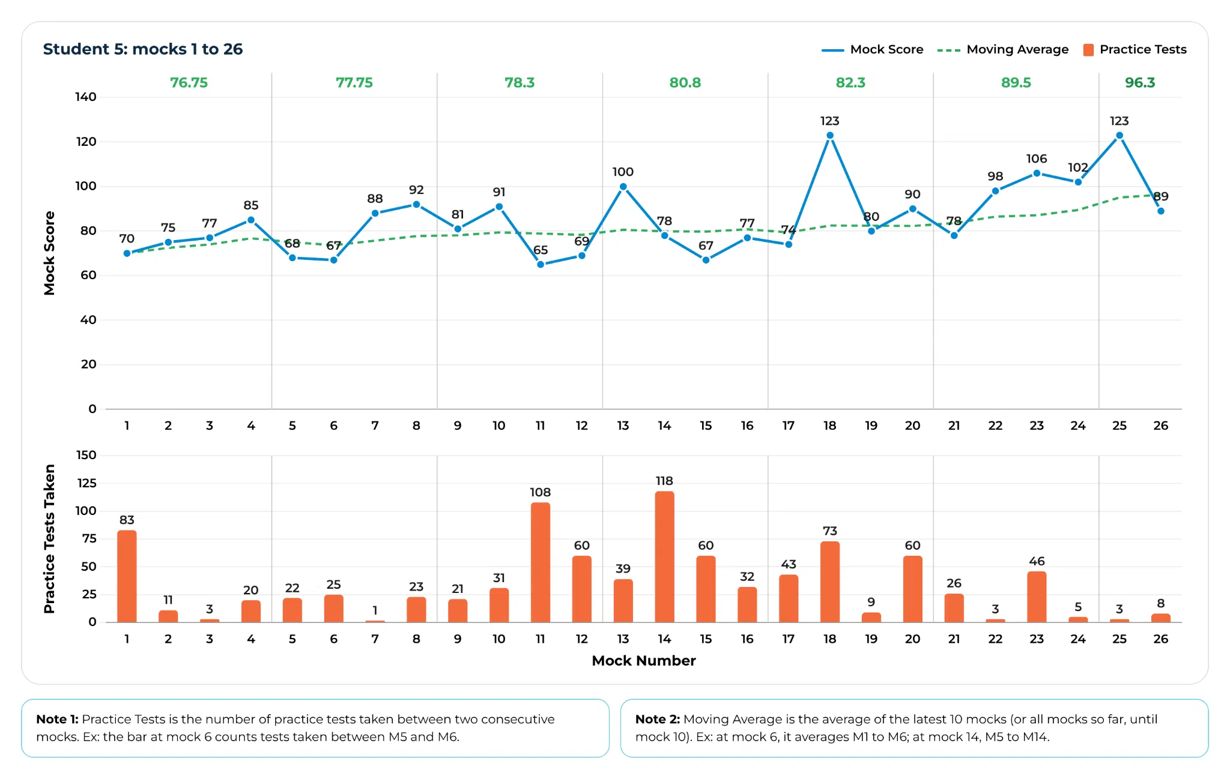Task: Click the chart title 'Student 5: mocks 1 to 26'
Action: coord(143,49)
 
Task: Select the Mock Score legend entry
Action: coord(872,50)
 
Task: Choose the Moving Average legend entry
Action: coord(1003,50)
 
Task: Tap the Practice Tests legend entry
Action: coord(1135,50)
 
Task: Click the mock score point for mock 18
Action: coord(830,136)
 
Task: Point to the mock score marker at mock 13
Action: coord(623,187)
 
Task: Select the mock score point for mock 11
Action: coord(541,264)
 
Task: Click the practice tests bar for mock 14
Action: coord(664,557)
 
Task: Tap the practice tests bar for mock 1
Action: coord(127,576)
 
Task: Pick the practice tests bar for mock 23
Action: coord(1037,597)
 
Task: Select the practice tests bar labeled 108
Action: coord(541,562)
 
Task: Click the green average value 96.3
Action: coord(1140,83)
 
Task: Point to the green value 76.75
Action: coord(189,83)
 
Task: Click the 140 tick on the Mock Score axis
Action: coord(85,97)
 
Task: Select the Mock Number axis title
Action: coord(644,661)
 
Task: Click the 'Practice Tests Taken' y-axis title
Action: coord(49,539)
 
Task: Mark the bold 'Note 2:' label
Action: coord(658,719)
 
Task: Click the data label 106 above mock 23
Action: coord(1037,158)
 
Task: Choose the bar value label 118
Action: coord(664,481)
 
